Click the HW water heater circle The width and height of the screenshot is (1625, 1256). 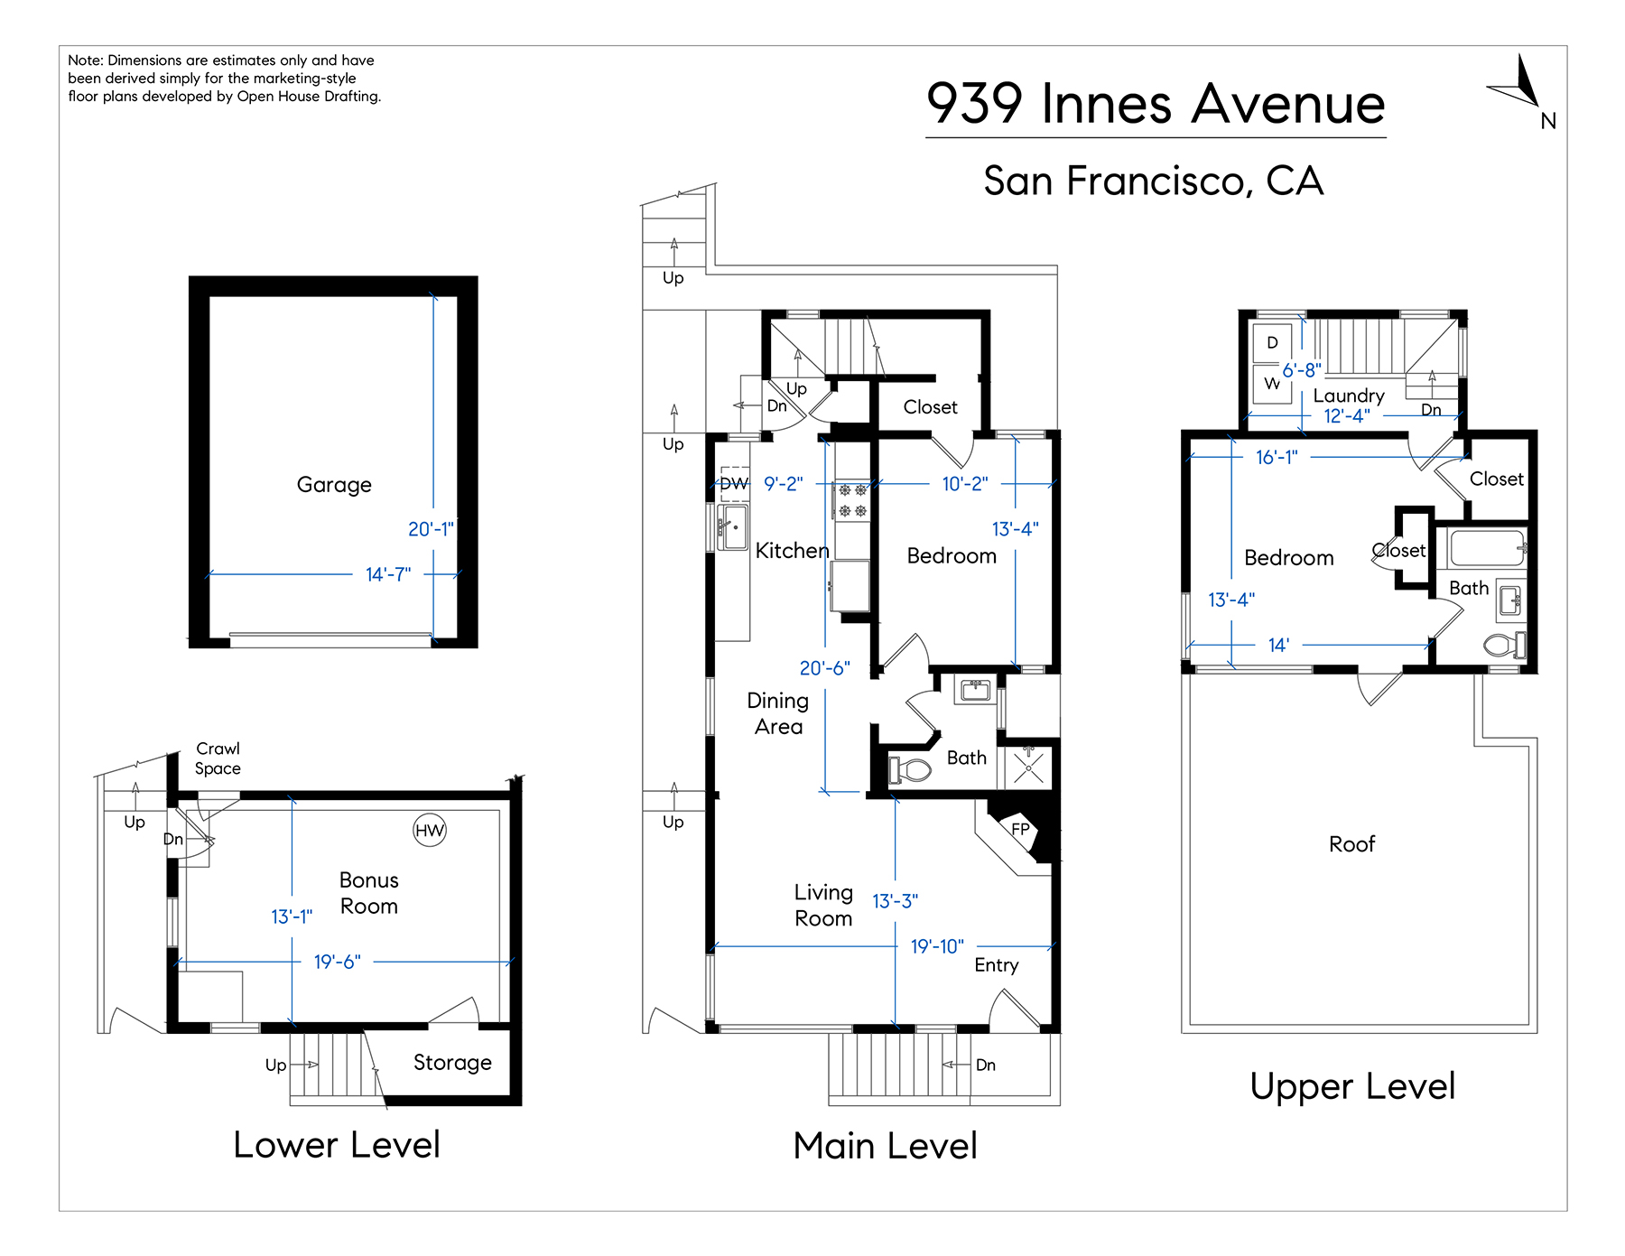(430, 830)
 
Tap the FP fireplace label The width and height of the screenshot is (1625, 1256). (1020, 829)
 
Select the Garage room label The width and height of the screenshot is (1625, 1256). (334, 485)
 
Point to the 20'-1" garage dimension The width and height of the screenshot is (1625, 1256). (431, 529)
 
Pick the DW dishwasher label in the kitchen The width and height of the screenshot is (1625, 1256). (734, 484)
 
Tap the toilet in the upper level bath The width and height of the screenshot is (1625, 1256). (1503, 645)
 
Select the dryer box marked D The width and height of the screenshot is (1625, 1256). (1272, 342)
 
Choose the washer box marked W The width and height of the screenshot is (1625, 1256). (1272, 383)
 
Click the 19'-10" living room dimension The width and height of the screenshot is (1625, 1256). (937, 946)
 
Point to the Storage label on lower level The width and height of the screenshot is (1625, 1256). (452, 1063)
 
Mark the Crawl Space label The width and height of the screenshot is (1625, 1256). (218, 758)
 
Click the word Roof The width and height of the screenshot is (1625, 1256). (1351, 844)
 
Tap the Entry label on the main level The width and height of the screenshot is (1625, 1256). (997, 965)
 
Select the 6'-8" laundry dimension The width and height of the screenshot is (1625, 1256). (1302, 370)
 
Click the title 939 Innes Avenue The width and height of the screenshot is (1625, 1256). (1156, 103)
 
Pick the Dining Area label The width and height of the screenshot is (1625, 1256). (778, 713)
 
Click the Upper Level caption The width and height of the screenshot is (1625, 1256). (1352, 1086)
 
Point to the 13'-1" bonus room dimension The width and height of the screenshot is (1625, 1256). (292, 916)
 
